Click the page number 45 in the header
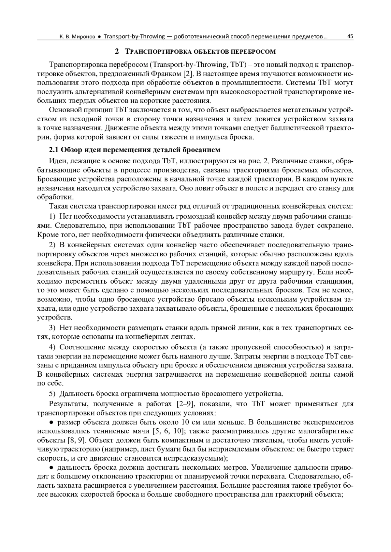[x=350, y=36]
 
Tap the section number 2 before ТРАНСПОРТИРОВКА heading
[x=116, y=51]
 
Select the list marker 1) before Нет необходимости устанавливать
[x=52, y=216]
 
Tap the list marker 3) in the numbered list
[x=52, y=328]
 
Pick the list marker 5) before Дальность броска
[x=52, y=394]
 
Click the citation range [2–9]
[x=185, y=404]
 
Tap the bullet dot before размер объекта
[x=51, y=423]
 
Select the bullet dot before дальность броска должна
[x=51, y=468]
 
